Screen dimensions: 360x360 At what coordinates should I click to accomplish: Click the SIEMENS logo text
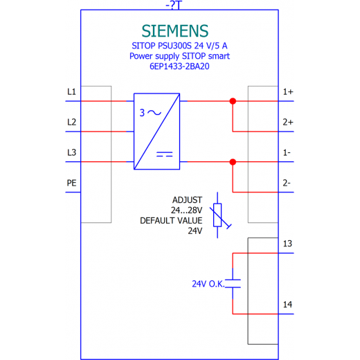click(x=175, y=31)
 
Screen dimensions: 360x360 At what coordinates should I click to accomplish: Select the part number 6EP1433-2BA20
click(x=179, y=66)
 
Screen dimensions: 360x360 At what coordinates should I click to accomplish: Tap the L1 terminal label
click(x=71, y=92)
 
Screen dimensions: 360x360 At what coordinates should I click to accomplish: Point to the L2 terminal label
click(x=71, y=122)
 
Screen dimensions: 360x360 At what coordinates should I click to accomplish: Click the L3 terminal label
click(x=71, y=152)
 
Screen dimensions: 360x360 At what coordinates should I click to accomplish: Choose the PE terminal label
click(x=71, y=183)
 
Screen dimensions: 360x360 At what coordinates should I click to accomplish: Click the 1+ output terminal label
click(x=288, y=92)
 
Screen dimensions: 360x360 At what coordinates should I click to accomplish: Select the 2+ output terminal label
click(x=288, y=122)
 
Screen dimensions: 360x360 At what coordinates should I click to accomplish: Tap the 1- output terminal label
click(x=287, y=152)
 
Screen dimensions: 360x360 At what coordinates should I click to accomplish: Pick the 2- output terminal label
click(x=287, y=183)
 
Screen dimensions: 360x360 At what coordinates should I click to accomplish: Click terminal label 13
click(x=287, y=244)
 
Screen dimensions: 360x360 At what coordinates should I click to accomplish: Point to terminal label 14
click(x=287, y=305)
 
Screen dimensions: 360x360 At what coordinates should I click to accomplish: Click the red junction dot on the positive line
click(x=233, y=101)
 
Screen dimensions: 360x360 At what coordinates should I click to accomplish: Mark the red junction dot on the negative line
click(x=233, y=162)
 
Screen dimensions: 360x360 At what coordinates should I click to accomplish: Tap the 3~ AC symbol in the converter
click(x=150, y=113)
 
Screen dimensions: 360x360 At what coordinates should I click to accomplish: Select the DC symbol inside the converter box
click(x=165, y=154)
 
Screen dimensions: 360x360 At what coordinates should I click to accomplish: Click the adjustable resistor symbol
click(x=219, y=215)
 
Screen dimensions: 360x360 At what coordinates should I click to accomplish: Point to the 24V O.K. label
click(x=208, y=284)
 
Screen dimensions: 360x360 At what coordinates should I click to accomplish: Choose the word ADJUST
click(x=188, y=200)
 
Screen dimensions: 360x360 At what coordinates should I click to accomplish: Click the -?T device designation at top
click(x=174, y=5)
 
